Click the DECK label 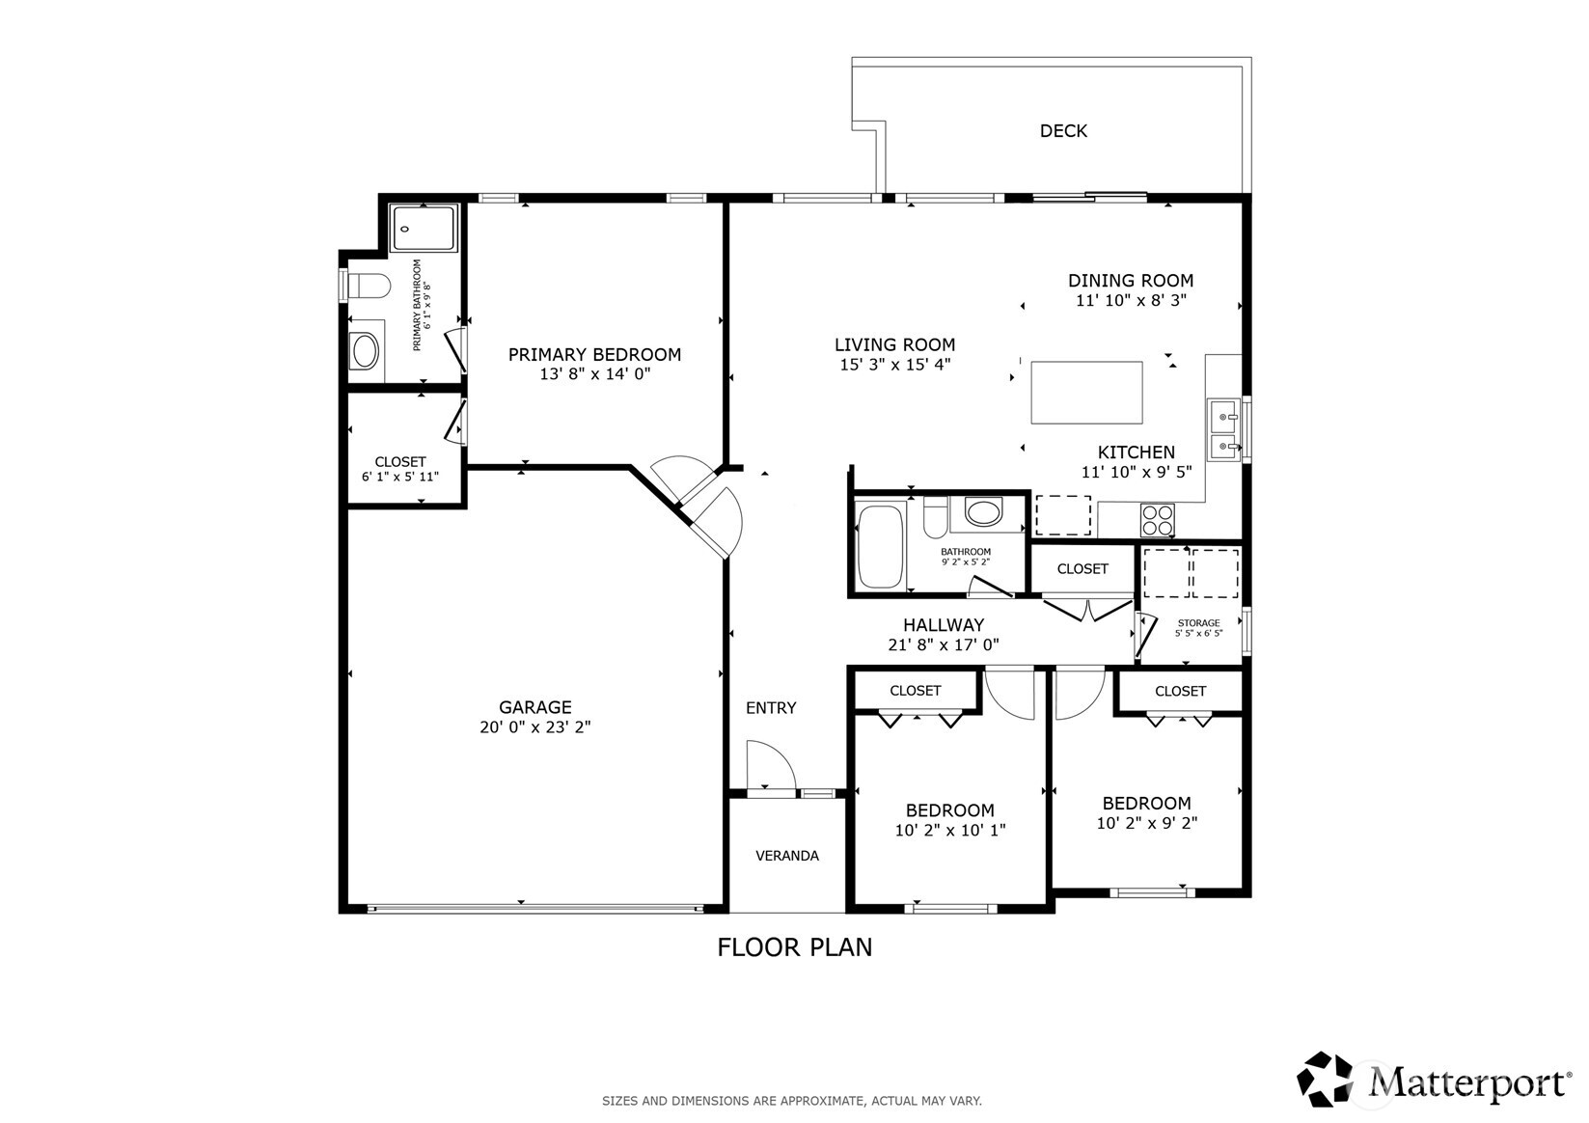1063,131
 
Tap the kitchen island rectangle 1086,393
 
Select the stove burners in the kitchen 1158,521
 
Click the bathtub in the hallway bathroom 879,546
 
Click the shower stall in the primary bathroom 425,229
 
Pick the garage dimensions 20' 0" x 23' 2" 534,727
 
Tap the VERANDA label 786,856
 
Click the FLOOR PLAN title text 794,947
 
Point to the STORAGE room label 1198,623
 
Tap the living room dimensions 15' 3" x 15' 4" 894,365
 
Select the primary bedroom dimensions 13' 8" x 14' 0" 594,374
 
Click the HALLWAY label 943,625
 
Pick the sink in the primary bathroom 365,352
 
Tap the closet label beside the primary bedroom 399,462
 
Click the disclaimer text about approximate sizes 791,1101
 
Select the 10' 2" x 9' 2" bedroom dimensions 1146,824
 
